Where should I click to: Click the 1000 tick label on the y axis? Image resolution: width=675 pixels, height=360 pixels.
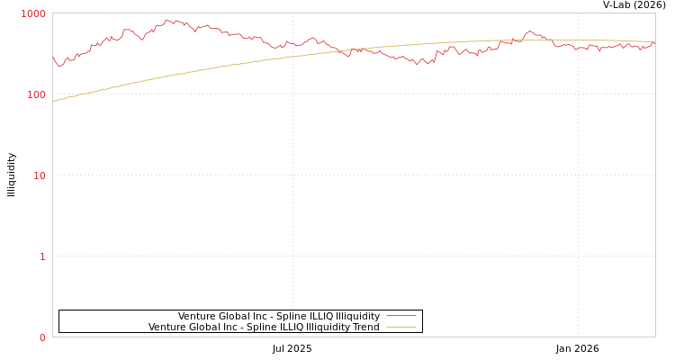pyautogui.click(x=33, y=13)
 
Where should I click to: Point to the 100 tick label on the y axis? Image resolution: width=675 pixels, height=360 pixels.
pyautogui.click(x=35, y=94)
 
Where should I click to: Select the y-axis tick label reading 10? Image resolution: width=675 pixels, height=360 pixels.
pyautogui.click(x=39, y=175)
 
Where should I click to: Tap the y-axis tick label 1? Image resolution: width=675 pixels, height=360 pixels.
pyautogui.click(x=41, y=256)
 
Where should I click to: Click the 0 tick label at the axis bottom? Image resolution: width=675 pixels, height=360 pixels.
pyautogui.click(x=41, y=337)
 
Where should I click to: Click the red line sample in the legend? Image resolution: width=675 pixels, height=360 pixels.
pyautogui.click(x=400, y=316)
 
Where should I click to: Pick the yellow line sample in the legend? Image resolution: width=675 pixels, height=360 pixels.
pyautogui.click(x=400, y=327)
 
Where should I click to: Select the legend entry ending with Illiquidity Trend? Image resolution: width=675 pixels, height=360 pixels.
pyautogui.click(x=264, y=327)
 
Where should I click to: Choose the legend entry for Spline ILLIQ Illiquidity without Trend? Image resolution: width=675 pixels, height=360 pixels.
pyautogui.click(x=279, y=316)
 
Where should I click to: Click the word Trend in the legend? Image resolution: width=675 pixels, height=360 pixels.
pyautogui.click(x=365, y=327)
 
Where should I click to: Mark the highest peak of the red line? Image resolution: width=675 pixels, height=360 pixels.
pyautogui.click(x=168, y=20)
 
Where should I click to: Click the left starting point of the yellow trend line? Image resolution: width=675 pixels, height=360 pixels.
pyautogui.click(x=53, y=102)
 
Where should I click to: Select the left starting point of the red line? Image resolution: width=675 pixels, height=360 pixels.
pyautogui.click(x=53, y=58)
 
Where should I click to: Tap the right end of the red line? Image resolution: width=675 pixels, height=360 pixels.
pyautogui.click(x=654, y=42)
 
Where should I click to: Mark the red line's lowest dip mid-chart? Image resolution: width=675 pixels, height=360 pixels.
pyautogui.click(x=417, y=65)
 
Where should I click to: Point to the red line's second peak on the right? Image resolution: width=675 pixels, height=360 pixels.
pyautogui.click(x=529, y=31)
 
